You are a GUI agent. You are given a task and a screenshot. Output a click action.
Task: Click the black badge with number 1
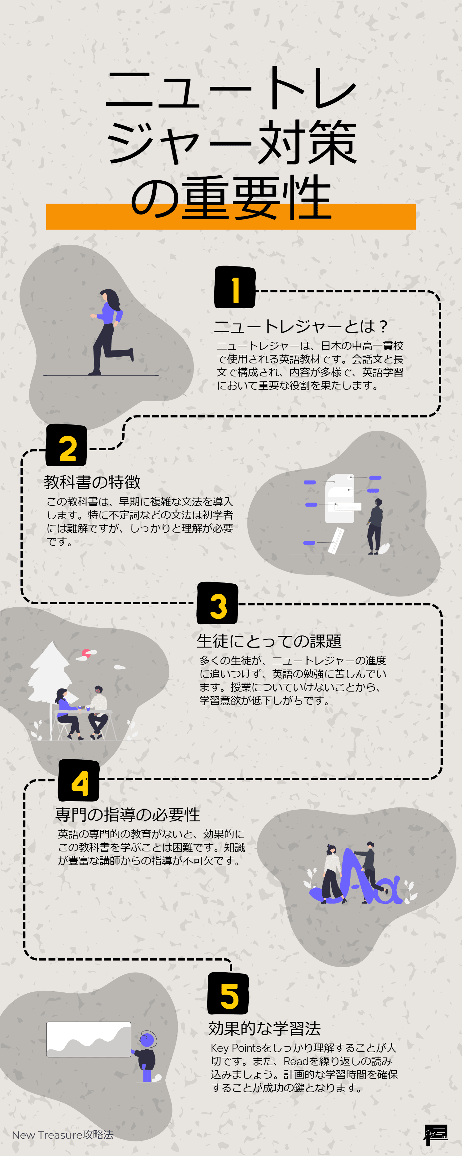(x=235, y=288)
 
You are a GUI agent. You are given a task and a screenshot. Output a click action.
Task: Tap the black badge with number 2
(x=66, y=446)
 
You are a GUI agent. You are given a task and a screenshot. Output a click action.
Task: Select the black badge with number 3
(x=218, y=604)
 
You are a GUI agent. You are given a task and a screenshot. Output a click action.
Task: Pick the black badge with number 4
(x=79, y=781)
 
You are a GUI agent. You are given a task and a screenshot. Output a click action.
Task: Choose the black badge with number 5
(x=228, y=994)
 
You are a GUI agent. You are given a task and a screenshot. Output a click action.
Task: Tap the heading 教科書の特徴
(x=92, y=482)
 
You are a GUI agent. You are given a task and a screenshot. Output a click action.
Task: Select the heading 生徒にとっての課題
(x=269, y=641)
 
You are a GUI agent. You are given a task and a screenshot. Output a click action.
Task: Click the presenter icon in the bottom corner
(x=435, y=1134)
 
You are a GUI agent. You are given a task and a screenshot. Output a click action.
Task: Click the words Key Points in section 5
(x=236, y=1048)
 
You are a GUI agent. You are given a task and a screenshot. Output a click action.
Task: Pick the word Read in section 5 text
(x=296, y=1061)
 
